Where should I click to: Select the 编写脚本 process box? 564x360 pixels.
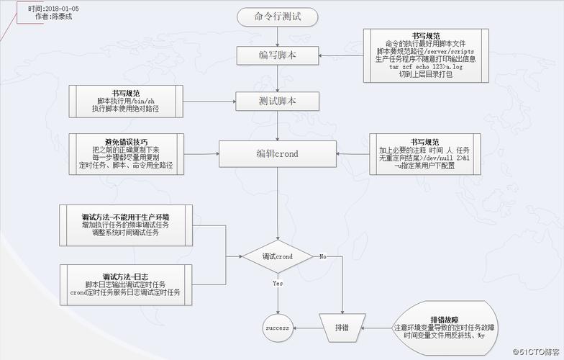pos(278,55)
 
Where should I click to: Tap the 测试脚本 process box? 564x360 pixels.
pos(278,100)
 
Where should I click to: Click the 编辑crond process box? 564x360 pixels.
pos(278,154)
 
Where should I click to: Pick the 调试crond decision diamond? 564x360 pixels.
pos(277,256)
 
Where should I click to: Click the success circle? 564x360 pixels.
pos(277,328)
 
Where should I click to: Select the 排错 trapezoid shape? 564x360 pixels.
pos(342,328)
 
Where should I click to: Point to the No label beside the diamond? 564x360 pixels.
pos(323,256)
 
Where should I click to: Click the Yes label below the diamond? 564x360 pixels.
pos(278,284)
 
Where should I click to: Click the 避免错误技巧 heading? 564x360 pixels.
pos(126,141)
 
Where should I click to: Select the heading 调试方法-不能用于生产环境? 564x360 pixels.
pos(126,216)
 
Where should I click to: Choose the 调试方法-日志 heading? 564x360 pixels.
pos(126,276)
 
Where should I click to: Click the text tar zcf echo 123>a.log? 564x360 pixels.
pos(426,67)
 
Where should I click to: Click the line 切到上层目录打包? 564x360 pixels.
pos(426,74)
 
